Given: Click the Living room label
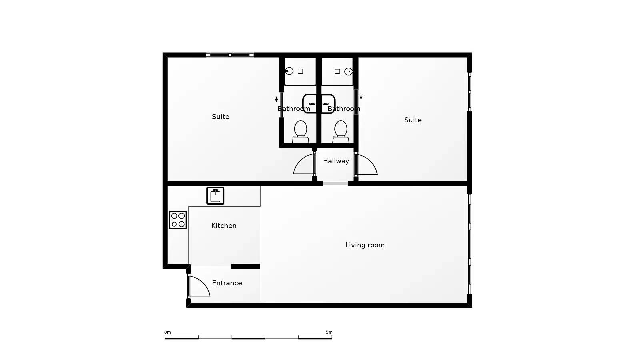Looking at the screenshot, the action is (x=365, y=245).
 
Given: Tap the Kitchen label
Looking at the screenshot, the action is (x=224, y=226).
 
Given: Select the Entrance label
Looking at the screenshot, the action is (x=227, y=283).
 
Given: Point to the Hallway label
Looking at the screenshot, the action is (x=336, y=161).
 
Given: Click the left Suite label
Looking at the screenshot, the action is (x=220, y=116).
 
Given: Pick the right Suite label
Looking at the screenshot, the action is (x=413, y=120).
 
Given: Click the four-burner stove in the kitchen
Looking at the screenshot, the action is (x=178, y=220).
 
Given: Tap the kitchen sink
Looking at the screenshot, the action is (x=216, y=196).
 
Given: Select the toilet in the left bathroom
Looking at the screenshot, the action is (x=300, y=132).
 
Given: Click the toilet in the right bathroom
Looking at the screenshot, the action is (x=340, y=132).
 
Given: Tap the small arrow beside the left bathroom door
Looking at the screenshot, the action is (x=276, y=99).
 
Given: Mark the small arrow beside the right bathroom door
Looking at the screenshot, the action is (x=361, y=96).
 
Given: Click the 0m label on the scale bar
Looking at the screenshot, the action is (x=168, y=332).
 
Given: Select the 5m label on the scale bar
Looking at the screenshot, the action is (x=329, y=332).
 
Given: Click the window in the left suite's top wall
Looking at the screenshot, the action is (x=230, y=55).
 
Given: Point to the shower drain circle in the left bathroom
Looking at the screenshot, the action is (x=289, y=71).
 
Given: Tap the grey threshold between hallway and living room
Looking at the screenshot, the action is (x=336, y=184).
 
